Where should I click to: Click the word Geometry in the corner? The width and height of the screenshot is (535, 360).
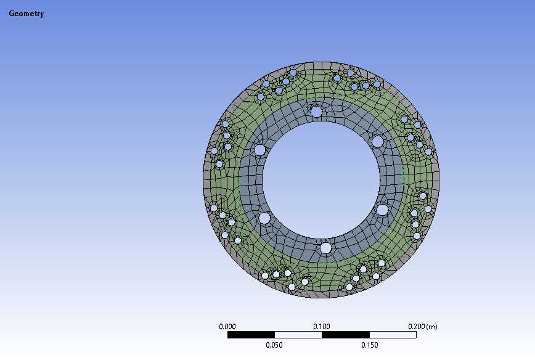[x=27, y=14]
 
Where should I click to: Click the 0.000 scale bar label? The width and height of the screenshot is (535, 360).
[x=227, y=327]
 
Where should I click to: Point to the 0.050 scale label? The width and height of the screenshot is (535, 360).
[x=274, y=345]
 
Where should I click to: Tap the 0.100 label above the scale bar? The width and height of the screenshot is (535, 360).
[x=322, y=327]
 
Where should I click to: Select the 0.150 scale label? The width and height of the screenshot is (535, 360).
[x=370, y=345]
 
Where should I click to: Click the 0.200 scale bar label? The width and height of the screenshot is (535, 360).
[x=417, y=327]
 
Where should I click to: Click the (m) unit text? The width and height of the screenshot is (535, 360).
[x=431, y=327]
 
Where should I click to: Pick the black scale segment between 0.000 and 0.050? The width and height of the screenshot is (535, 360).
[x=251, y=335]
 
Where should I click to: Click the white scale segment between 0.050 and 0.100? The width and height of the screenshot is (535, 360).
[x=298, y=335]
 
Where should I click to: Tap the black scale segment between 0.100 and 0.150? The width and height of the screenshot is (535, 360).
[x=346, y=335]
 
